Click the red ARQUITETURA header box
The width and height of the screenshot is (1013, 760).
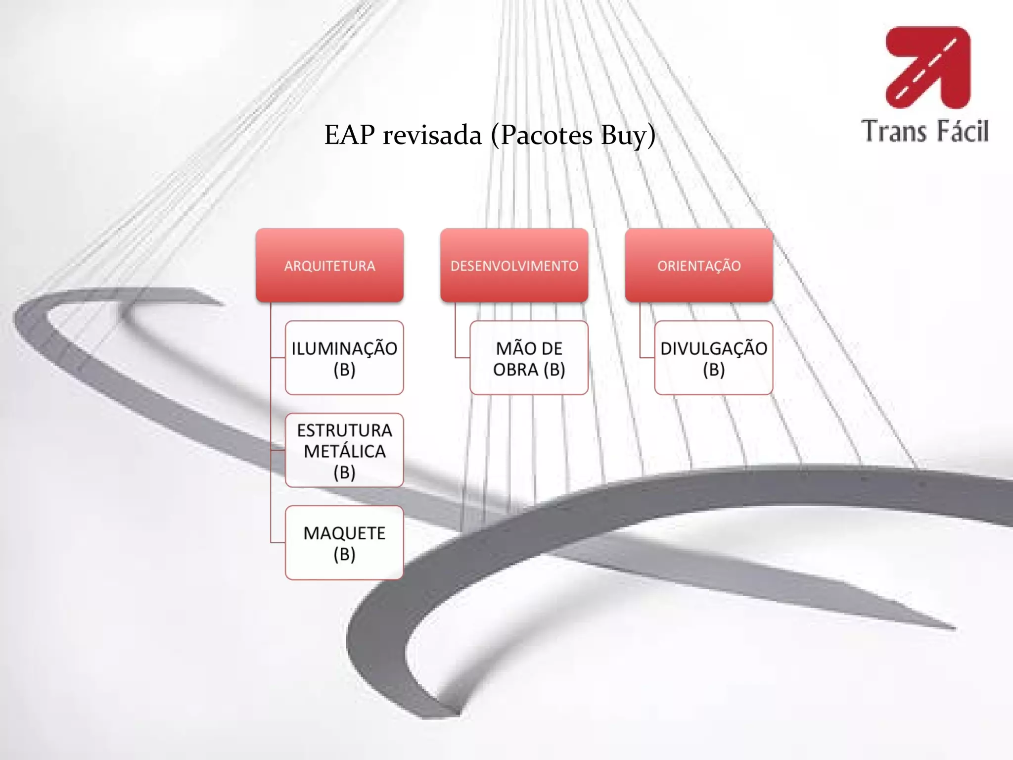329,265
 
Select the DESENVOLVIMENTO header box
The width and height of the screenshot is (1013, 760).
514,265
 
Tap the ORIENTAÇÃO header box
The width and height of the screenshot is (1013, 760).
698,265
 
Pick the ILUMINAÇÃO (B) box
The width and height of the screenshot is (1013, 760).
344,358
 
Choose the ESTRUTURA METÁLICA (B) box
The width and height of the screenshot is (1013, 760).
344,450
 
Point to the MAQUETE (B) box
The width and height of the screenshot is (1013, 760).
344,543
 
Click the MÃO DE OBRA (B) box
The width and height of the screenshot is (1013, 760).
529,358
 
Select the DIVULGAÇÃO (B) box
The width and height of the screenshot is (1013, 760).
713,358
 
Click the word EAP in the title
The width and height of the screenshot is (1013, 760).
349,135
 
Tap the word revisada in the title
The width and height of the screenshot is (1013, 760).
432,136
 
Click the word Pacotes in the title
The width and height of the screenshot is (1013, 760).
546,136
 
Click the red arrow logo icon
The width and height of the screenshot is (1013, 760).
928,67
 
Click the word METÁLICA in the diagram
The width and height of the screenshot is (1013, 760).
344,451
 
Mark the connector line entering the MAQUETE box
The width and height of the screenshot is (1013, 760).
278,543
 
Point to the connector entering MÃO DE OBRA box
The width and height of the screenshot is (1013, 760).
462,357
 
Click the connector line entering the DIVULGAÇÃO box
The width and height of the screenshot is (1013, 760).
647,357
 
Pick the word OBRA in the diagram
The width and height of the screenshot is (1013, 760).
515,370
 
